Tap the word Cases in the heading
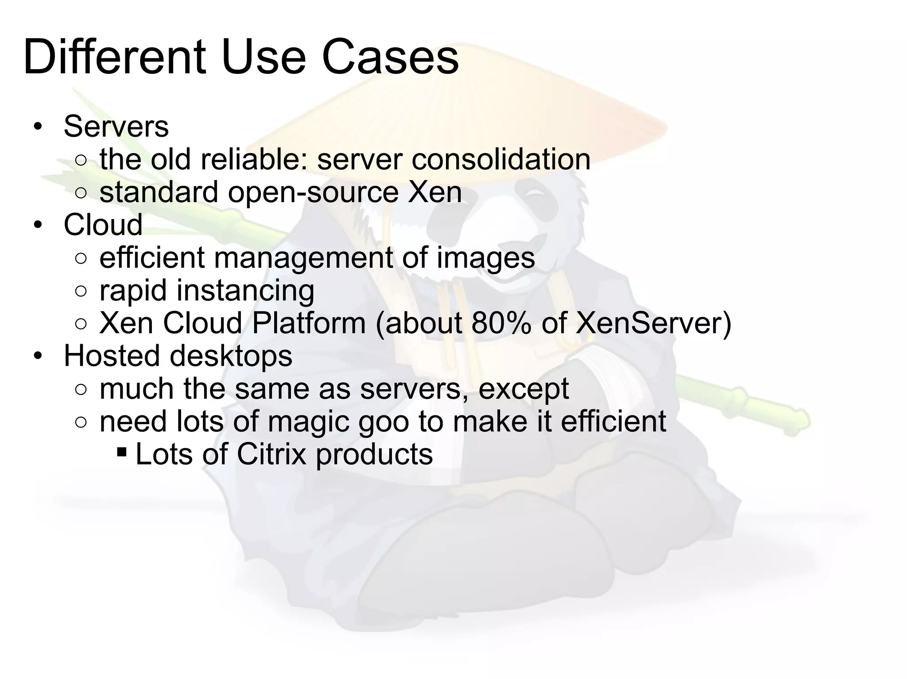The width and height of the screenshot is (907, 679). coord(390,58)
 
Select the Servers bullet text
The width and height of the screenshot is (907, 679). coord(116,127)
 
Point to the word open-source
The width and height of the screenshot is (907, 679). coord(314,193)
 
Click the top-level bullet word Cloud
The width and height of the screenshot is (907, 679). coord(103,225)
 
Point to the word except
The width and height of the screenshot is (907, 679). coord(523,389)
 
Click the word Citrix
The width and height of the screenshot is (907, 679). coord(271,454)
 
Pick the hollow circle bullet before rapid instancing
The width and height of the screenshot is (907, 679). coord(81,292)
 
